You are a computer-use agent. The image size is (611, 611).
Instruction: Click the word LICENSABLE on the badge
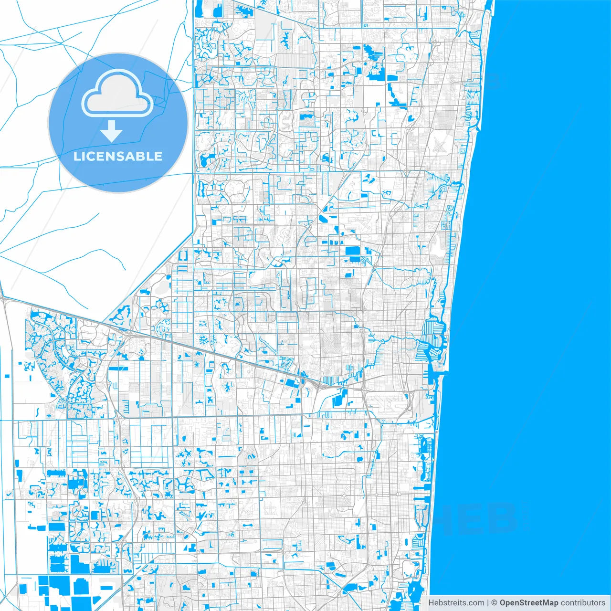118,156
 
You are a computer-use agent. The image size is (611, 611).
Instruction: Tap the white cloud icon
117,94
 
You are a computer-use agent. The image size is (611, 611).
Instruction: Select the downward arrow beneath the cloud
112,131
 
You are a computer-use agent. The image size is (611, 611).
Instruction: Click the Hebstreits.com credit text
456,603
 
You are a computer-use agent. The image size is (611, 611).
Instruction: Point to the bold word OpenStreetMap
528,603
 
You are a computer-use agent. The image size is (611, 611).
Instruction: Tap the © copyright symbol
495,603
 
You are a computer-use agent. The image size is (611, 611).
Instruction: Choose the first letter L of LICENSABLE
76,156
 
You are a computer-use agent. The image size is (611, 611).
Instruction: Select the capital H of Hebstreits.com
431,603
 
